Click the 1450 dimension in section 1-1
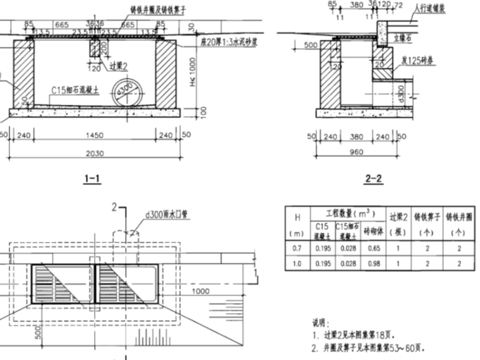[x=93, y=135]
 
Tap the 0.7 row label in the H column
[x=296, y=248]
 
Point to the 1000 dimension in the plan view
[x=201, y=291]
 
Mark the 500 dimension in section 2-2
[x=310, y=45]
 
